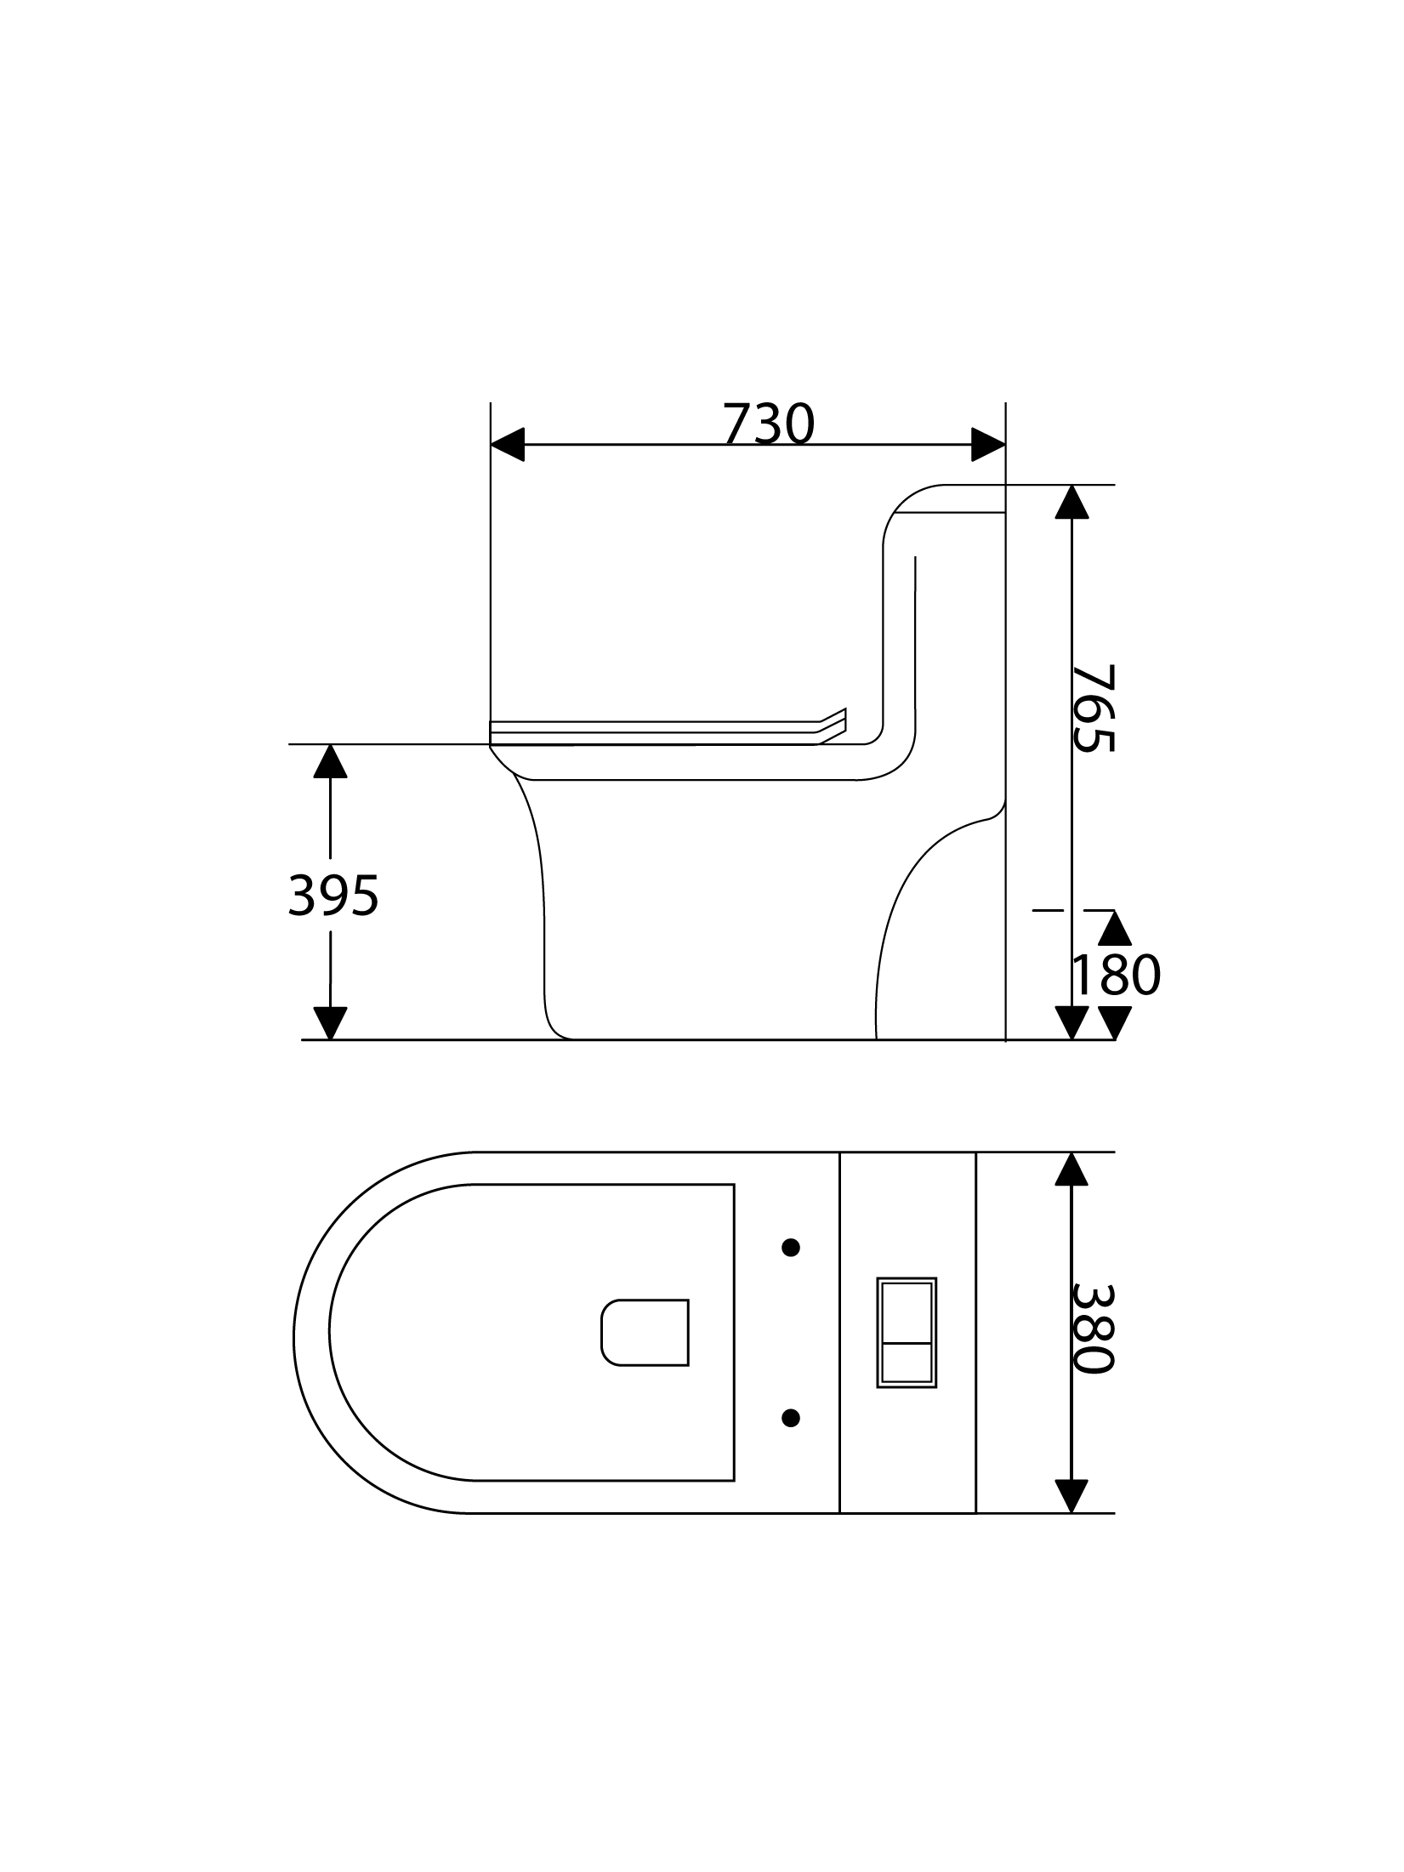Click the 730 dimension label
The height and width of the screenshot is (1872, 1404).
coord(769,424)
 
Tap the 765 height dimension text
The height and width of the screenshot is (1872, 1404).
coord(1093,708)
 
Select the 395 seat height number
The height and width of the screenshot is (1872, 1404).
coord(333,896)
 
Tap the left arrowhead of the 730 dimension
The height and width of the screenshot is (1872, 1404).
coord(508,445)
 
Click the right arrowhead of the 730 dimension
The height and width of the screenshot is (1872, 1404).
coord(989,445)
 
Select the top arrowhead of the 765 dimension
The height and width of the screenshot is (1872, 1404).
coord(1071,502)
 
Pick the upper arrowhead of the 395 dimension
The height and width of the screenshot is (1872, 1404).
coord(330,761)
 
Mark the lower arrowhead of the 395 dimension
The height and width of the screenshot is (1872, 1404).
coord(330,1023)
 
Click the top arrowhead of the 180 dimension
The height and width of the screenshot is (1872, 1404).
coord(1115,928)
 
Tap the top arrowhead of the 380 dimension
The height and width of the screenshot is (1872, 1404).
coord(1071,1169)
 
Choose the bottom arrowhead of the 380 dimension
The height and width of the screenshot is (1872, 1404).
coord(1071,1497)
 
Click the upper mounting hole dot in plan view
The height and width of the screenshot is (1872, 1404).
coord(791,1248)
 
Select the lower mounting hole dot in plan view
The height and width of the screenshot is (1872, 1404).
coord(791,1417)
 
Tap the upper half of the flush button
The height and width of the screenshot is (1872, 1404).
coord(907,1312)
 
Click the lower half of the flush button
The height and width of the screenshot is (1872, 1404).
coord(907,1363)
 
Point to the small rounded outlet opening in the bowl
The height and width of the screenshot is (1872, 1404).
coord(645,1333)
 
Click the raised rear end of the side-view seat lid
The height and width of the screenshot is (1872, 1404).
coord(832,725)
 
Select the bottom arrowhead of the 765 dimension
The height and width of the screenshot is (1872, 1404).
coord(1071,1023)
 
